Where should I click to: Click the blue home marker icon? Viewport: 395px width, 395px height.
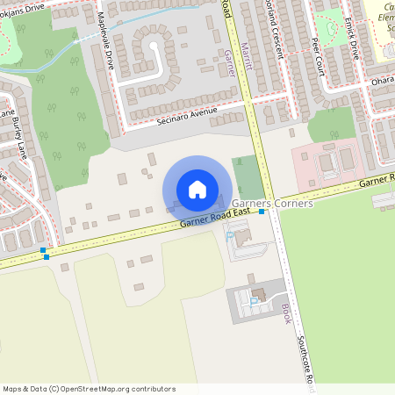[197, 190]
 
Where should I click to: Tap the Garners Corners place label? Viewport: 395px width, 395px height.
[272, 203]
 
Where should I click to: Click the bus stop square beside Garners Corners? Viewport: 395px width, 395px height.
[262, 212]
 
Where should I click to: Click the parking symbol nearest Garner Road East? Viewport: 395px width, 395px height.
[231, 235]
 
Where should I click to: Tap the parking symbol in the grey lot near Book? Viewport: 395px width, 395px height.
[254, 302]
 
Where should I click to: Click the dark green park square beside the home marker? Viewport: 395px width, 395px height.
[248, 177]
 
